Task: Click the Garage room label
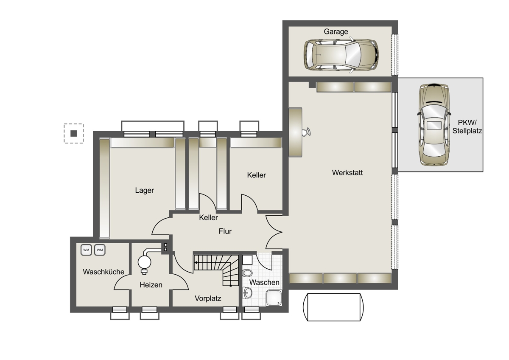tap(336, 31)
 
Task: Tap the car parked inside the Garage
tap(341, 55)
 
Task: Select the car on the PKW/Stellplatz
tap(434, 124)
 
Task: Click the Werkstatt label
tap(347, 173)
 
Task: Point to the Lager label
tap(144, 190)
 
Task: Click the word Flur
tap(225, 231)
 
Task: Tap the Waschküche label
tap(103, 272)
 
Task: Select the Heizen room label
tap(151, 285)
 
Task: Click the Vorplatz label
tap(208, 298)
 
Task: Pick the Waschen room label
tap(264, 282)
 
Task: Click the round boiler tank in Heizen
tap(144, 262)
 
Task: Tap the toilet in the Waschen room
tap(247, 273)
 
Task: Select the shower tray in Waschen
tap(274, 298)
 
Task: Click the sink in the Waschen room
tap(247, 292)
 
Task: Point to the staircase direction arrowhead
tap(196, 263)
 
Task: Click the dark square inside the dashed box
tap(74, 133)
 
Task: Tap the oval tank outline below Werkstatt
tap(333, 307)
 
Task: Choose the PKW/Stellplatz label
tap(467, 127)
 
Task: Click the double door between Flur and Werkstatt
tap(274, 232)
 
